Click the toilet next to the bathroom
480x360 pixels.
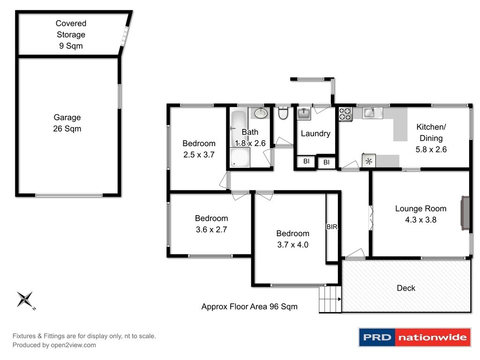283,113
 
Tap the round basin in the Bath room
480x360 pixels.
261,113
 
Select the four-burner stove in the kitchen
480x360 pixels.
345,114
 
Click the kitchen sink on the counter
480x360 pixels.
372,112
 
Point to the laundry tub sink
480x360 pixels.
304,113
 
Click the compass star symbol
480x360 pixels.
25,299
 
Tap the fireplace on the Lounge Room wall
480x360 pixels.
465,213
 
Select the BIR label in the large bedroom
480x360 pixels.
332,227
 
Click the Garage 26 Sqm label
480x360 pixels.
67,123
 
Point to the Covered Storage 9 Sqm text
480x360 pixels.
71,35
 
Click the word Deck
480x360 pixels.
406,288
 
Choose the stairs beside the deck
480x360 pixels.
330,299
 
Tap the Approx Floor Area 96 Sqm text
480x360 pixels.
249,307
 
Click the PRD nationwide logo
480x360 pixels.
415,337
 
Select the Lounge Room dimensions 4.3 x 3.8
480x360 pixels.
420,220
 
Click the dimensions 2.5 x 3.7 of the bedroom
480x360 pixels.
199,155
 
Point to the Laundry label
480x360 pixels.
315,134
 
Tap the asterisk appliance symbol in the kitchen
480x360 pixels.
369,161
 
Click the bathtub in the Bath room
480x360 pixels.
239,128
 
